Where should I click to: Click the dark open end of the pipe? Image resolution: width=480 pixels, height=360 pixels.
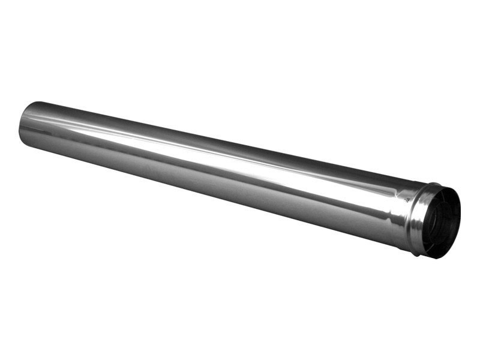coord(443,222)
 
